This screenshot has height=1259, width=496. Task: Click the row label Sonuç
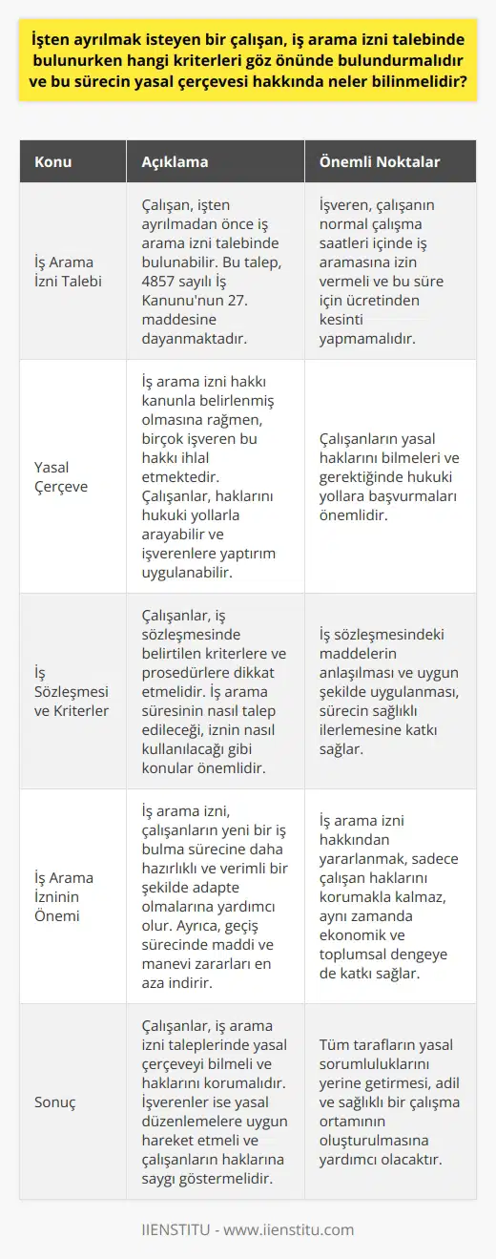tap(57, 1102)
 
